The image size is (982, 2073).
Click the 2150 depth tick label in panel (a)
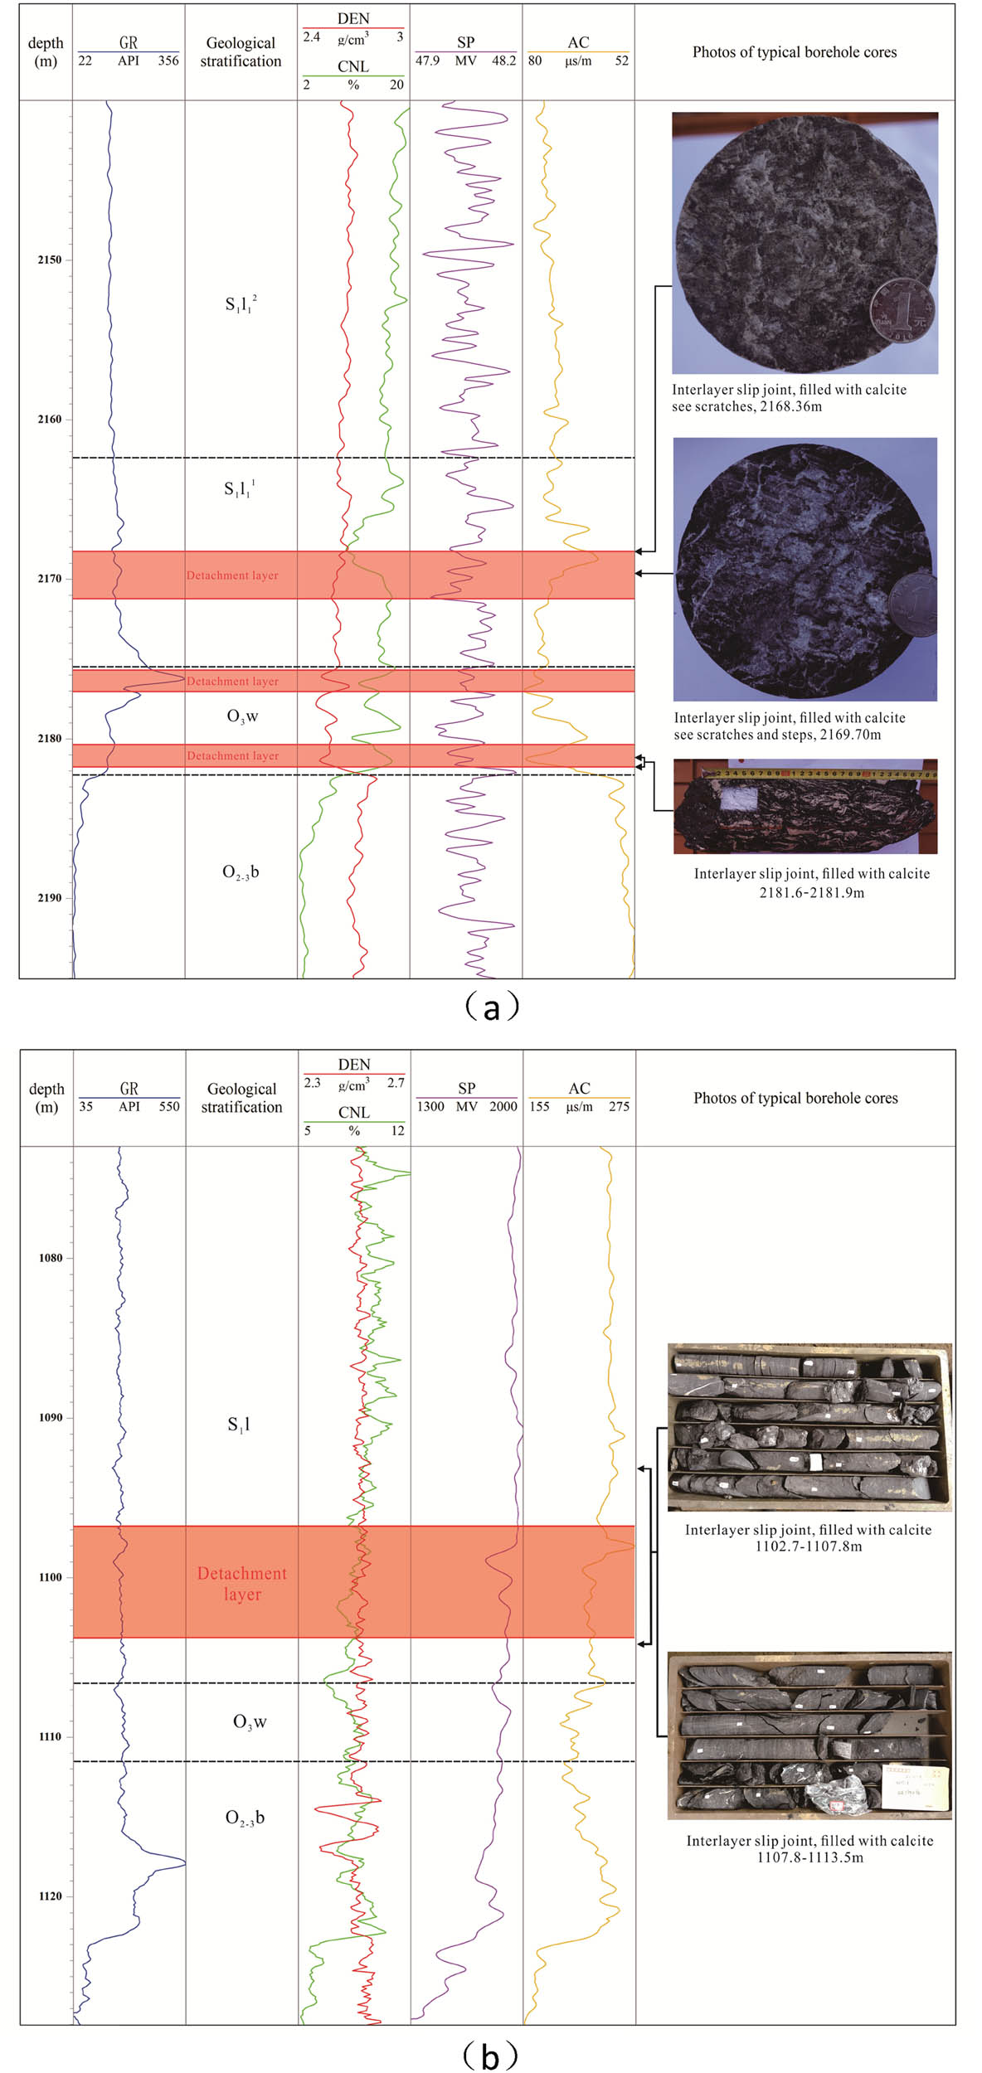coord(49,260)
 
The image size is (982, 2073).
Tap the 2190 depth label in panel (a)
coord(49,897)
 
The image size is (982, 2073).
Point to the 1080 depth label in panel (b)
coord(51,1258)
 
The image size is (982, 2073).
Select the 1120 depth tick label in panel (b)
coord(51,1896)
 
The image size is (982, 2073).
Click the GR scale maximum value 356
coord(168,61)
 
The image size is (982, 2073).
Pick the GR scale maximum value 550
coord(169,1106)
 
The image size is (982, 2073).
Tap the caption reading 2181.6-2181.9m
coord(811,892)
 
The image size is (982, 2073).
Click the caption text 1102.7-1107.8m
coord(808,1546)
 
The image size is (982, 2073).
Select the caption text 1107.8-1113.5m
coord(809,1857)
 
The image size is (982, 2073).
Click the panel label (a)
coord(491,1007)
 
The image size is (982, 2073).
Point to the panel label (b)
coord(491,2053)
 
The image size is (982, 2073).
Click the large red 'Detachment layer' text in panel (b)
coord(242,1584)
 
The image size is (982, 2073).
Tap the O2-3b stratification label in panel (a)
coord(241,871)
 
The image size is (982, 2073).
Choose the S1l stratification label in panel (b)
coord(239,1425)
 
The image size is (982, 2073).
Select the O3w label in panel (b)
coord(250,1722)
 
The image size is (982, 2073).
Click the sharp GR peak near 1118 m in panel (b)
coord(183,1863)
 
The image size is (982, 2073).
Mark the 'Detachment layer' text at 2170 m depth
coord(232,575)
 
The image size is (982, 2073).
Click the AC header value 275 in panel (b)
coord(619,1106)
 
